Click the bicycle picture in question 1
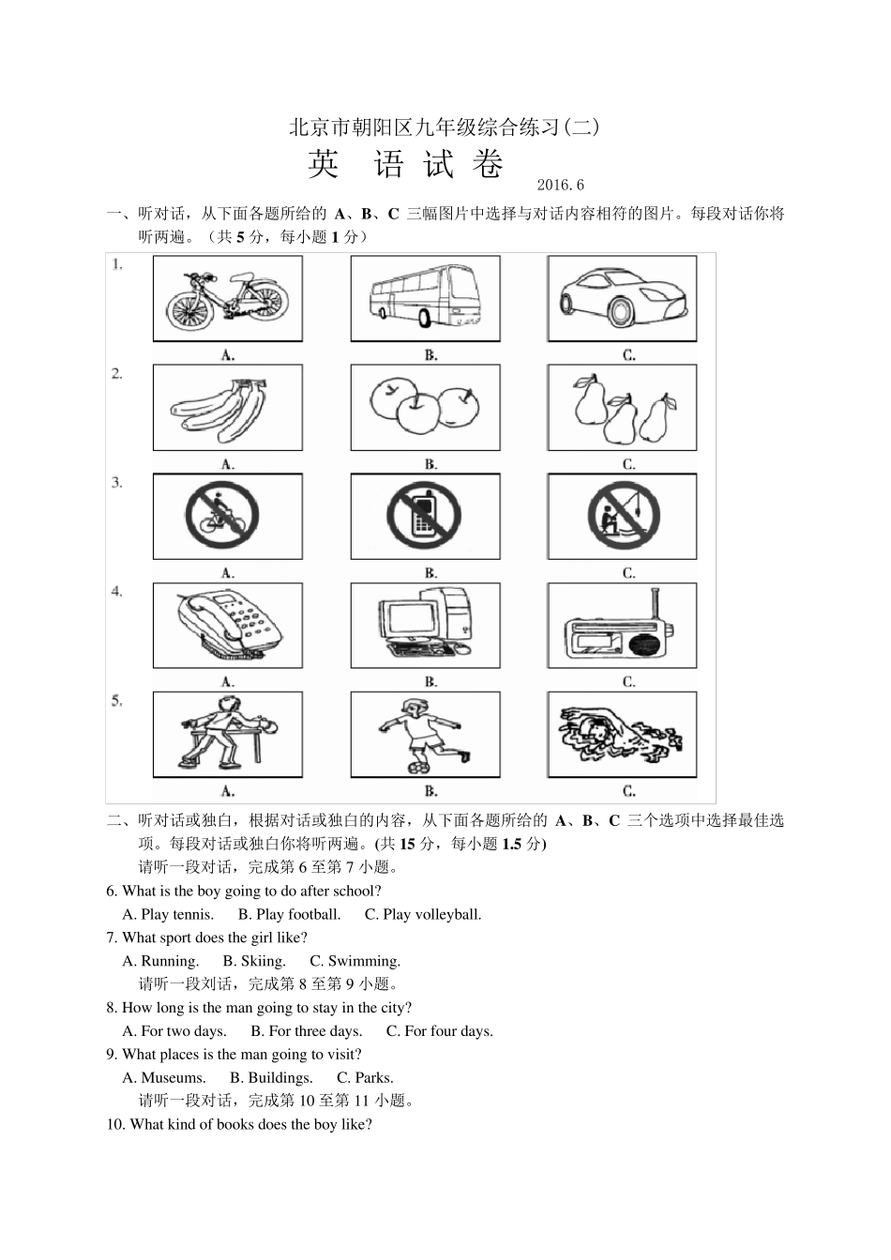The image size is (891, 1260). click(227, 298)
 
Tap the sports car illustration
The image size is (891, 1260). click(622, 297)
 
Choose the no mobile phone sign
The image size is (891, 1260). click(425, 517)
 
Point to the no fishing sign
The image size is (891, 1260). click(624, 517)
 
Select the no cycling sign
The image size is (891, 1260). click(221, 517)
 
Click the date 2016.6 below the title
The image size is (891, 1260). click(561, 186)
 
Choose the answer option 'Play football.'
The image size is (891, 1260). click(289, 914)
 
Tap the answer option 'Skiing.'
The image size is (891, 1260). click(254, 961)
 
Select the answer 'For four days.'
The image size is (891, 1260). click(440, 1031)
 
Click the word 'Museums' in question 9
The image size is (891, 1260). click(173, 1078)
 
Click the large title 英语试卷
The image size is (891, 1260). click(406, 165)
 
